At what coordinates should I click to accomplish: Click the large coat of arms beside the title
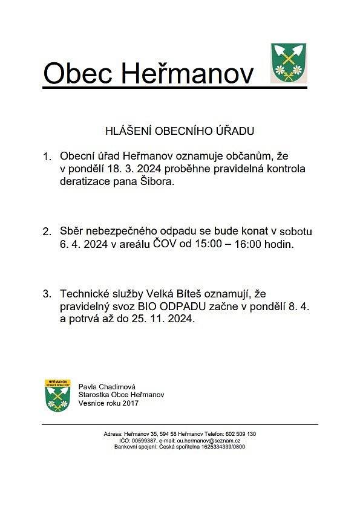[x=288, y=62]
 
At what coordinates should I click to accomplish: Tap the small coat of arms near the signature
[x=57, y=395]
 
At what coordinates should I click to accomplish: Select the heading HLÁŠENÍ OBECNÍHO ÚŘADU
[x=180, y=130]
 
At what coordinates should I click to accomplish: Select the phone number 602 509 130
[x=240, y=434]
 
